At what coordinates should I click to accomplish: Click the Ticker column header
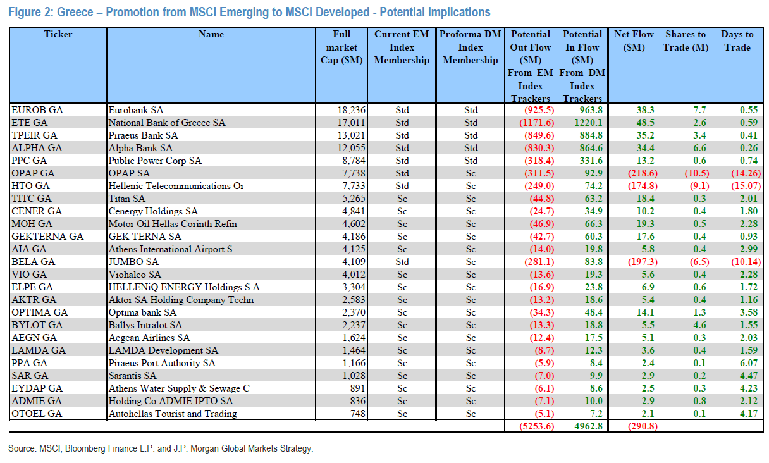[58, 34]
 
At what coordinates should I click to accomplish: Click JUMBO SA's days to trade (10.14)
[737, 262]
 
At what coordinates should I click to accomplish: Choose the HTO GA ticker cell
[30, 186]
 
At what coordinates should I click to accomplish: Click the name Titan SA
[126, 199]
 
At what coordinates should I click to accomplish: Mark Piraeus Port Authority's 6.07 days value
[740, 363]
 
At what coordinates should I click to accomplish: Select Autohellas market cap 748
[356, 414]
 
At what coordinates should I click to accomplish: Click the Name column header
[211, 34]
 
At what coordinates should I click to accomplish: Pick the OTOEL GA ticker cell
[35, 414]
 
